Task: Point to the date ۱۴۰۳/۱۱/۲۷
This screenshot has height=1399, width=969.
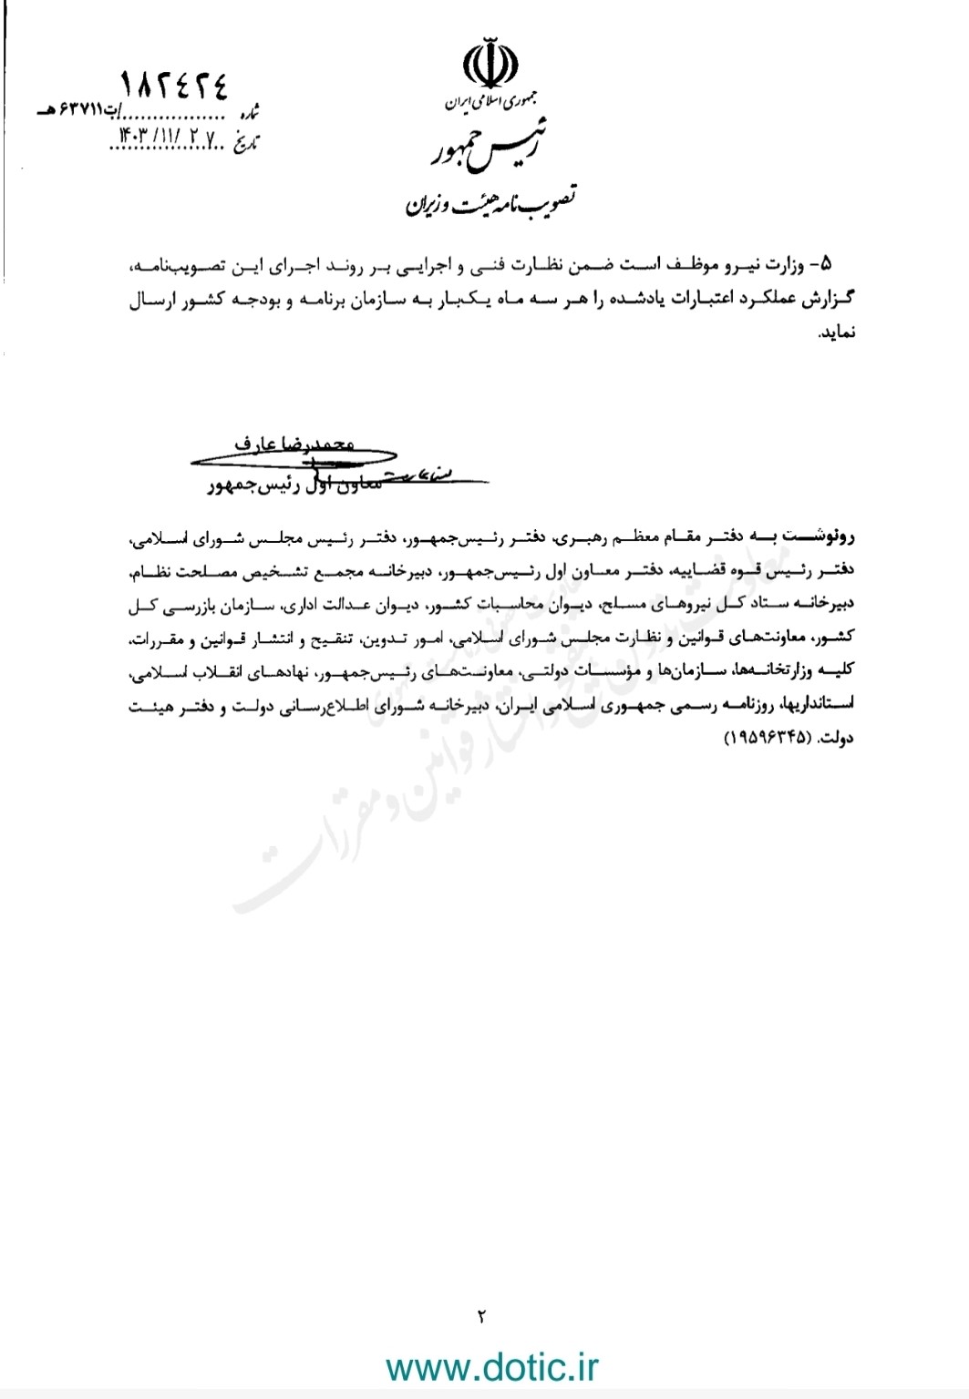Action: [x=164, y=136]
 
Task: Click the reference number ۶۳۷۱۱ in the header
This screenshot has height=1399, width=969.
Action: [x=74, y=111]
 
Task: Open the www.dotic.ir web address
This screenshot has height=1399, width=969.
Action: [x=492, y=1367]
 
